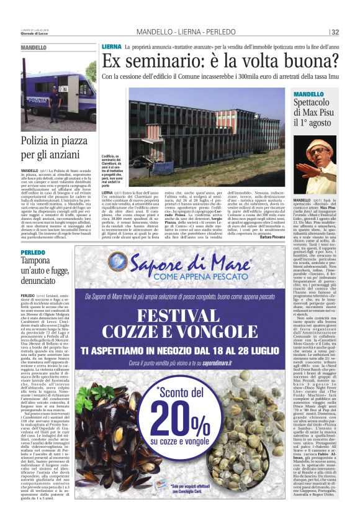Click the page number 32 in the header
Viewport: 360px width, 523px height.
click(x=352, y=32)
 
